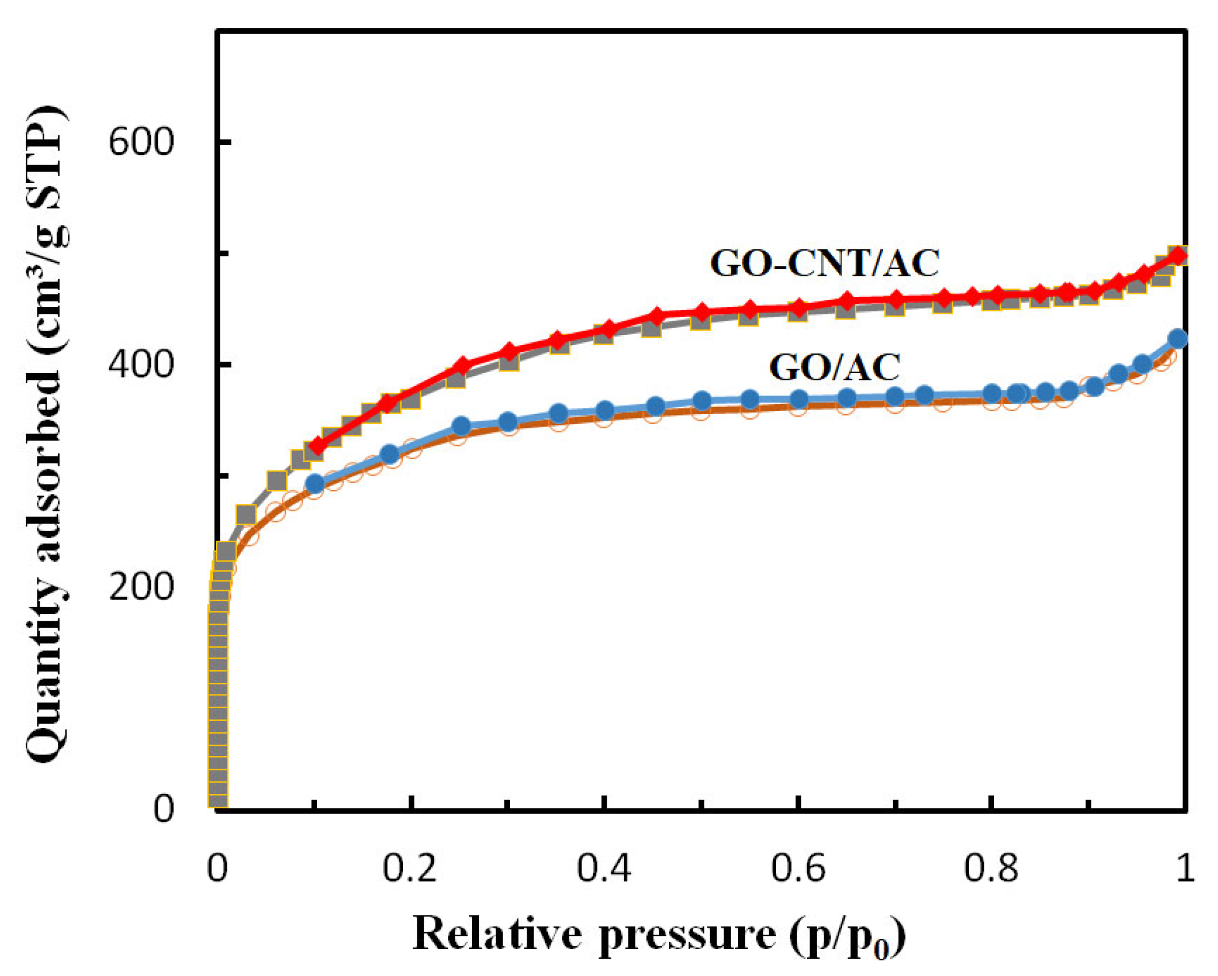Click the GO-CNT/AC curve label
(824, 263)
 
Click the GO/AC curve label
(835, 367)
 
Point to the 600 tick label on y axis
(141, 141)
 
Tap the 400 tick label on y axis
(141, 364)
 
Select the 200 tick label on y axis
(141, 587)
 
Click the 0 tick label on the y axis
(163, 808)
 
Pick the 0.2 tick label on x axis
(410, 868)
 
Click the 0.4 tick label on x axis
(604, 868)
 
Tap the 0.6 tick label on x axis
(798, 868)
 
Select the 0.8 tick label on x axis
(991, 868)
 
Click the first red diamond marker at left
(316, 446)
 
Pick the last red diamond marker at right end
(1179, 255)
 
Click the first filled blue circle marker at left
(314, 484)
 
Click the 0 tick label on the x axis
(217, 868)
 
